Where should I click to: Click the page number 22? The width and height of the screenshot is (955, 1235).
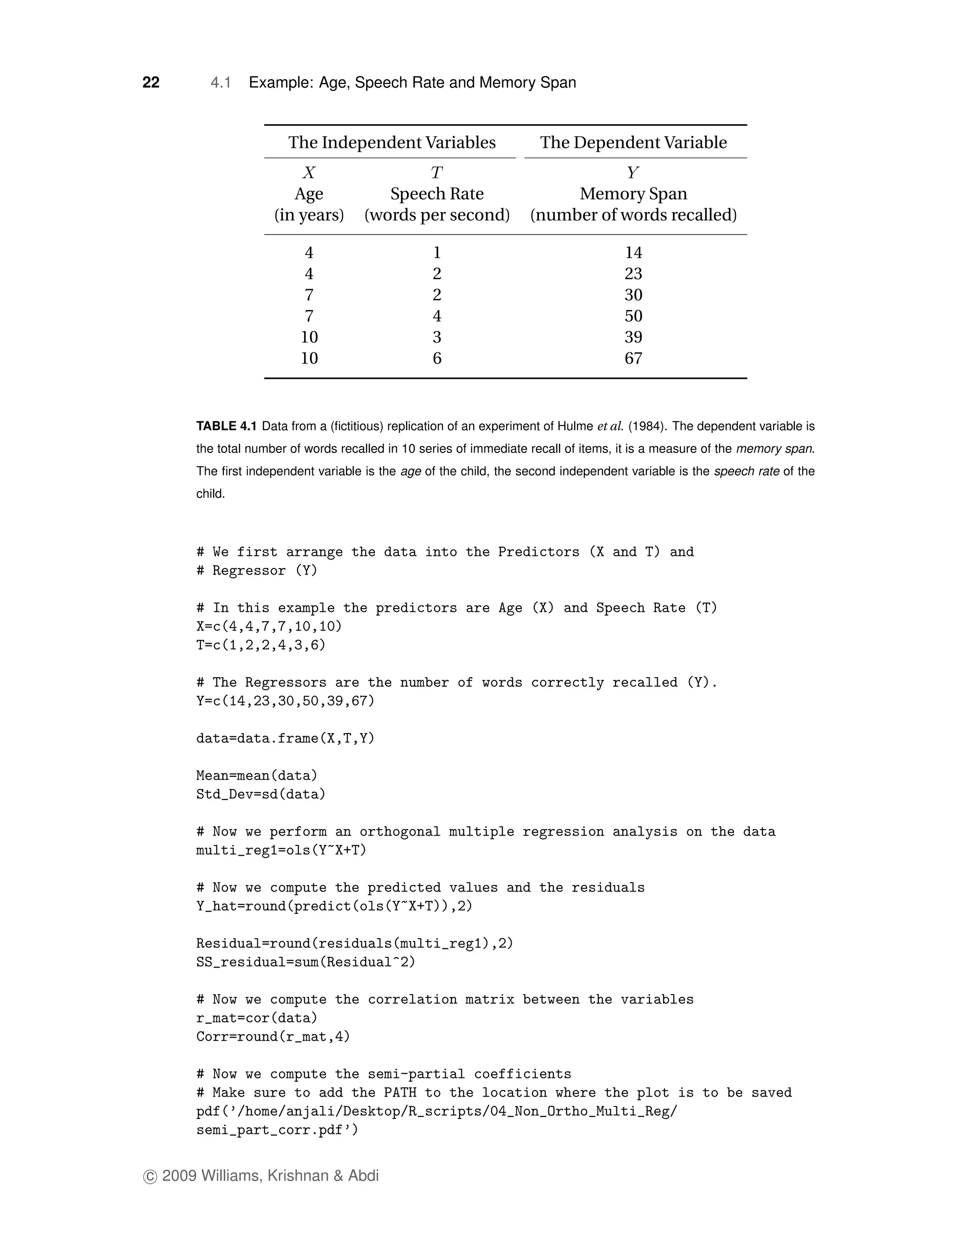(x=151, y=82)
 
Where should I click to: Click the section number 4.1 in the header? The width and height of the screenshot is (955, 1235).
(x=220, y=82)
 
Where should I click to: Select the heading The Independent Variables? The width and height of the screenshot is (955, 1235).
(x=392, y=142)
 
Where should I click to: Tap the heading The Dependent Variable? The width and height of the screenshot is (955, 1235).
(x=633, y=142)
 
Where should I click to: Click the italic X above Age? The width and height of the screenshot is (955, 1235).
(x=309, y=172)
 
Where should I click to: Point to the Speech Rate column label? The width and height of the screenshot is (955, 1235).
(x=437, y=193)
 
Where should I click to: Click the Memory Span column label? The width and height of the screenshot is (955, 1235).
(x=633, y=193)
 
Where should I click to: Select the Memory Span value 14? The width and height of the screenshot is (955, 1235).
(x=633, y=252)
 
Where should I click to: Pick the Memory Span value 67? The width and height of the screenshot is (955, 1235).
(x=633, y=358)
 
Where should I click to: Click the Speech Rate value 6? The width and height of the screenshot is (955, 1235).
(x=437, y=358)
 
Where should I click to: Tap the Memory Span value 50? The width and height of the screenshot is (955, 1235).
(x=633, y=316)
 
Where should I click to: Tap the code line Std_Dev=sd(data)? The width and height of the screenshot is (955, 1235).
(x=261, y=795)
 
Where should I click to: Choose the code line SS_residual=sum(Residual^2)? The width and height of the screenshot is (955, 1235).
(x=305, y=962)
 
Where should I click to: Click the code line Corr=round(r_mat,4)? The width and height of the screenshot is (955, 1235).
(x=273, y=1036)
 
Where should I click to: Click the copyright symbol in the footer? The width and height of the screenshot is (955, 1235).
(x=150, y=1177)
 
